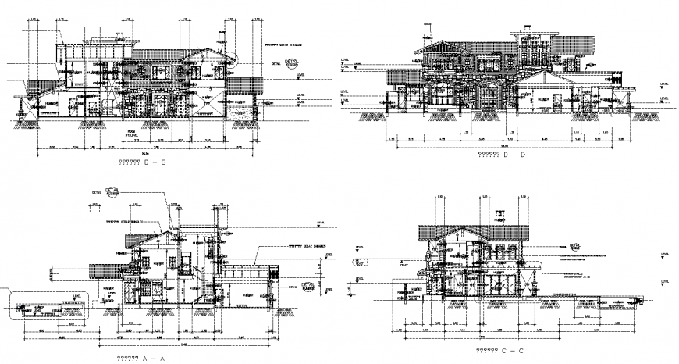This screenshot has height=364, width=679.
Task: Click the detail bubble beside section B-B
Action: (x=290, y=64)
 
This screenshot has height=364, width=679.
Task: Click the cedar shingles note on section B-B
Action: (x=283, y=45)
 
